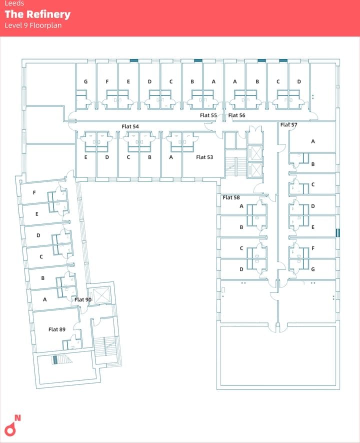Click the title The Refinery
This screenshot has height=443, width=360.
37,14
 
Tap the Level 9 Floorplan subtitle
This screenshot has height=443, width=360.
33,25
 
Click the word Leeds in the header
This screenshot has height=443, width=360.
14,3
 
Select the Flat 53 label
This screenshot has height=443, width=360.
204,157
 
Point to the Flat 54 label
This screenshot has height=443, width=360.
130,126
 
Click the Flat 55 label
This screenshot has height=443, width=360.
208,115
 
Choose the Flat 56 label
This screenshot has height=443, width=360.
236,115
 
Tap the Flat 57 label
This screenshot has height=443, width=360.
288,124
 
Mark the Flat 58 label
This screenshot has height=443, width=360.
231,197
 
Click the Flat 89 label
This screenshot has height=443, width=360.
57,329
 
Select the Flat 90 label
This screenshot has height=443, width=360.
83,299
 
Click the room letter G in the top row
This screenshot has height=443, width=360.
85,81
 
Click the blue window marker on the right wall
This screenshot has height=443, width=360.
337,232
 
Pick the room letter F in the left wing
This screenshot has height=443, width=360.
34,192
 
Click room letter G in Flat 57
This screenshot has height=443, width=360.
312,269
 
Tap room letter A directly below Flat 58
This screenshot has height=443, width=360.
241,206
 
